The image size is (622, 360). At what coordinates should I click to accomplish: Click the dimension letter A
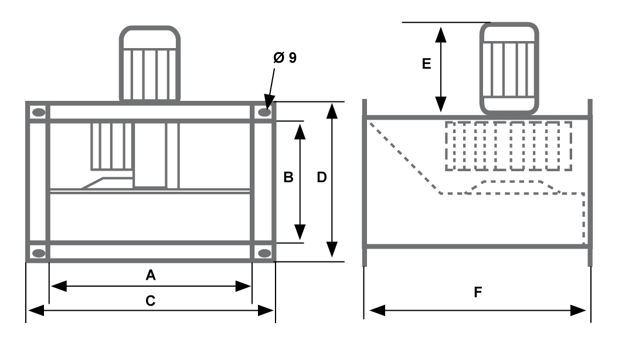click(150, 274)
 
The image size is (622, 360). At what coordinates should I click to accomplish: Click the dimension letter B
click(288, 177)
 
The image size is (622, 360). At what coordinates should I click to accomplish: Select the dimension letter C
click(150, 301)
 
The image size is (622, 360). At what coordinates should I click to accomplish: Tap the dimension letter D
click(322, 177)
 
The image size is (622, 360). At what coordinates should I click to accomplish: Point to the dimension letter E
click(426, 63)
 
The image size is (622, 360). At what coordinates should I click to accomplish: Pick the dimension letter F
click(478, 292)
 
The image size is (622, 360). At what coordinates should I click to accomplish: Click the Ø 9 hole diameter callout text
click(285, 57)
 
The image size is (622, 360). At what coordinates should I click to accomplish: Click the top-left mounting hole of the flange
click(39, 113)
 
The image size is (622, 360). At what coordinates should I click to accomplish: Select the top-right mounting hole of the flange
click(264, 113)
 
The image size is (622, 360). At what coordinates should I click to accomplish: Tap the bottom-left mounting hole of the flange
click(39, 253)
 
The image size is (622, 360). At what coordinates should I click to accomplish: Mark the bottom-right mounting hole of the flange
click(264, 253)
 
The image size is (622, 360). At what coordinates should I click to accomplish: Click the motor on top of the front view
click(149, 63)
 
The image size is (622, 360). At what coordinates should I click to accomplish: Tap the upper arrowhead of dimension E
click(441, 35)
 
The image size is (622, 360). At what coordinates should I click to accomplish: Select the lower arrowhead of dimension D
click(332, 249)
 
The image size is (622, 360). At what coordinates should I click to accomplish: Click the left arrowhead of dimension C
click(36, 310)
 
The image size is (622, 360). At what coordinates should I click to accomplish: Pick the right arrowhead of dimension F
click(578, 310)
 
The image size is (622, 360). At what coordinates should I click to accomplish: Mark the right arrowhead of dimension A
click(243, 286)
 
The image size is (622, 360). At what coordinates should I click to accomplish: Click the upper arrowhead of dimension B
click(300, 131)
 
